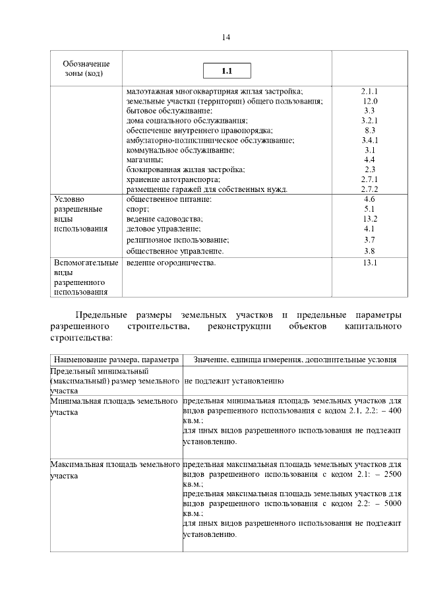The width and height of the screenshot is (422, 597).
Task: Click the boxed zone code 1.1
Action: coord(227,70)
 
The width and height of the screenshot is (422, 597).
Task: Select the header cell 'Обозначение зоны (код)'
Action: coord(86,68)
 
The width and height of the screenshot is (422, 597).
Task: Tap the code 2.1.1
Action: coord(369,91)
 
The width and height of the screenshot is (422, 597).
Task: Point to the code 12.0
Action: coord(369,101)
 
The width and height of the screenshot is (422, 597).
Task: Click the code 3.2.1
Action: coord(369,121)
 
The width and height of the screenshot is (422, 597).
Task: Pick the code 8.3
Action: coord(369,131)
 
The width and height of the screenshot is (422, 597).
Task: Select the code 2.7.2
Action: coord(369,189)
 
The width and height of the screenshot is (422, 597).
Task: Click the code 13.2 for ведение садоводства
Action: coord(369,218)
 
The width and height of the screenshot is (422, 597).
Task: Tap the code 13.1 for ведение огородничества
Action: coord(369,263)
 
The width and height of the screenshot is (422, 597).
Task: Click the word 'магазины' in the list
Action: coord(144,160)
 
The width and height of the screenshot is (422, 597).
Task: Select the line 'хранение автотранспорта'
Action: coord(173,179)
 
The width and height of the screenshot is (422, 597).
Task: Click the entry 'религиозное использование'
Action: coord(177,239)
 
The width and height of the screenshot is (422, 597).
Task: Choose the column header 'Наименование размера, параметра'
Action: coord(117,360)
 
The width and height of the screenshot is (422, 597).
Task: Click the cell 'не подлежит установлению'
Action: coord(234,381)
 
